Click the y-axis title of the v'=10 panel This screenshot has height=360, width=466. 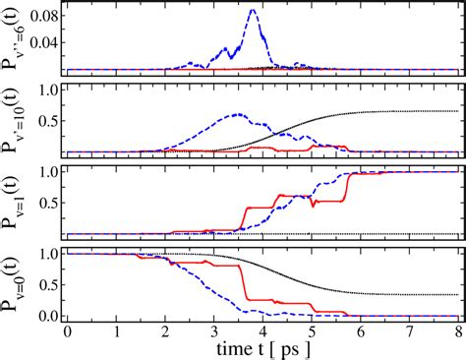coord(12,120)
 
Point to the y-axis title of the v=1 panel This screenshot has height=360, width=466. coord(12,202)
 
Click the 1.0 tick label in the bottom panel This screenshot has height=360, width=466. coord(44,253)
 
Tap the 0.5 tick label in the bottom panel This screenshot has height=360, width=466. coord(44,284)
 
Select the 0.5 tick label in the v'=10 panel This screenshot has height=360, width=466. coord(44,121)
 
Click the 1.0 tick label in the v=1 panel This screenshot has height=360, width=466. coord(44,170)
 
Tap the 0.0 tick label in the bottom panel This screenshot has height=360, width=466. coord(44,316)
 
